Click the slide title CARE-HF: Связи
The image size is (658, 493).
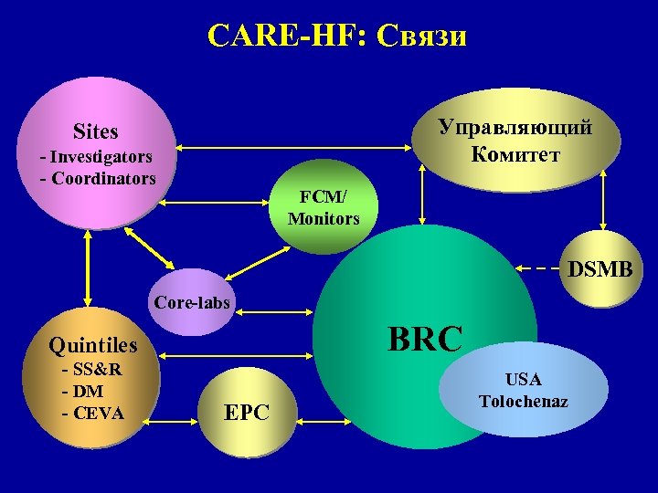coord(337,36)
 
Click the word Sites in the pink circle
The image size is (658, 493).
coord(96,131)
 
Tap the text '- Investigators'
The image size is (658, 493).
coord(96,157)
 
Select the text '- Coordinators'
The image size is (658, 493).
coord(98,177)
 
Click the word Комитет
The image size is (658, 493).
coord(515,152)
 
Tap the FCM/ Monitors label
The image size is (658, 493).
coord(324,208)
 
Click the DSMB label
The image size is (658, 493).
coord(600,270)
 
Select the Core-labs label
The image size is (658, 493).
coord(193,301)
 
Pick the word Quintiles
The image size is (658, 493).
coord(93,344)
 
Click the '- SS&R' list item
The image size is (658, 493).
coord(92,370)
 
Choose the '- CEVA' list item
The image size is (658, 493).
coord(92,413)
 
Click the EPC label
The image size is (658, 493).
coord(247,413)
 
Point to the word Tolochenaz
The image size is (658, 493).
coord(523,401)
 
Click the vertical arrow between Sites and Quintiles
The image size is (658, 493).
coord(89,270)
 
